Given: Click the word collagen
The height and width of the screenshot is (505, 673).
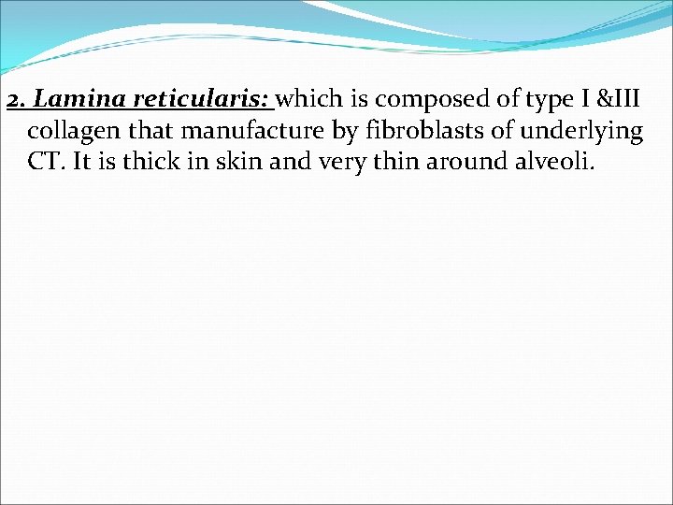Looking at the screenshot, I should pos(71,131).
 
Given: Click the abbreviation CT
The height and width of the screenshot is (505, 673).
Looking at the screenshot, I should pos(44,162).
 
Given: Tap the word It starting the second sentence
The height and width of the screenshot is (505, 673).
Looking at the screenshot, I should pos(80,162).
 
